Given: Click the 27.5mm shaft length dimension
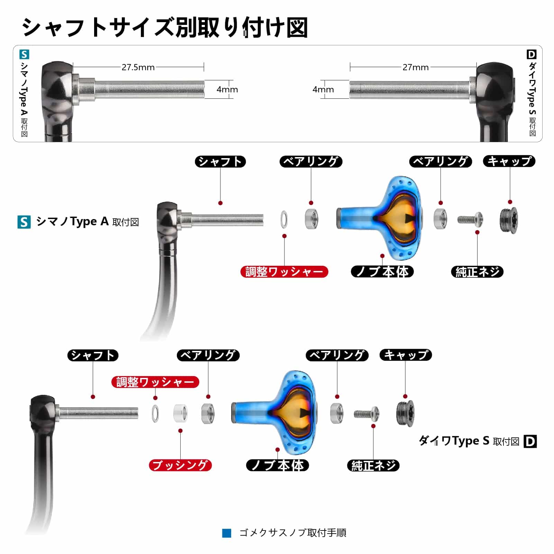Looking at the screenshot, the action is point(138,67).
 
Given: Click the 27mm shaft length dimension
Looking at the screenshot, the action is point(415,67).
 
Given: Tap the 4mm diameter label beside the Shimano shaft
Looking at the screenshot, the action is point(227,89).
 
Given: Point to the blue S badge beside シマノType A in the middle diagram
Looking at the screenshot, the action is point(24,222).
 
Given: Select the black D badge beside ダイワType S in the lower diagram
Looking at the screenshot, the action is point(530,442).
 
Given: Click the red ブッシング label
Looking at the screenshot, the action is point(180,465).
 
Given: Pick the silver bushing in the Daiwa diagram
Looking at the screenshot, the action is point(181,413).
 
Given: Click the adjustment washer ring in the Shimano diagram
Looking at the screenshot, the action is point(284,219).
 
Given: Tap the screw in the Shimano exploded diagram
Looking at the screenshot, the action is point(470,219).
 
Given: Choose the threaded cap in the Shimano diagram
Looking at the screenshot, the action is point(509,220).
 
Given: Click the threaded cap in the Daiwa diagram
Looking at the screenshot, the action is point(405,414).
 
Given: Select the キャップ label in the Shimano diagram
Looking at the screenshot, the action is point(509,161).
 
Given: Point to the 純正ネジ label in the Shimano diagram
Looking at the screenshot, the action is point(477,272).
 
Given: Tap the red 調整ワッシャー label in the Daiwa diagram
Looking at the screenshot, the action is point(155,382).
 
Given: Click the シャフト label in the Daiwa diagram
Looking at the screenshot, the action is point(93,355).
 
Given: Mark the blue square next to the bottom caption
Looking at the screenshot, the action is point(227,533).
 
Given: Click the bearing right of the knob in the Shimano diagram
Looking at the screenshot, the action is point(441,219).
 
